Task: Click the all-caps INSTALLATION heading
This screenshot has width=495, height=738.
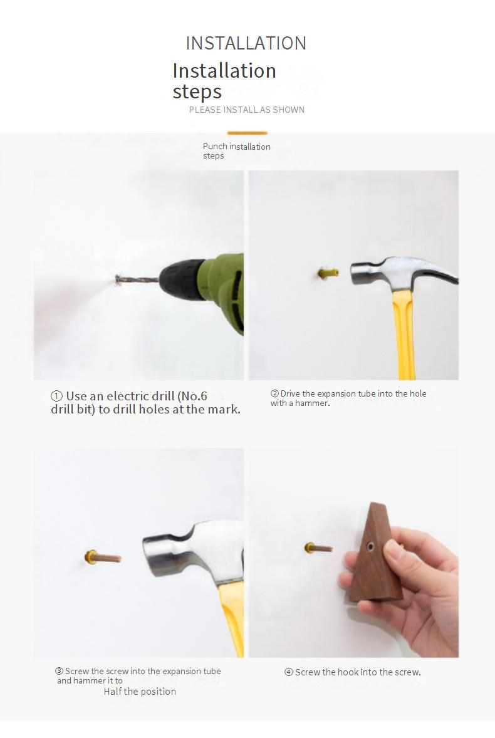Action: click(246, 43)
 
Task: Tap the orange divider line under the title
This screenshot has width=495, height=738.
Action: click(247, 133)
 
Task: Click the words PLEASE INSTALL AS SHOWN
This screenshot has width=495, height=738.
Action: click(246, 110)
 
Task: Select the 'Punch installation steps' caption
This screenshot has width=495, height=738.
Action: click(236, 151)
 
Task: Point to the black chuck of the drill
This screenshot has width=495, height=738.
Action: click(182, 279)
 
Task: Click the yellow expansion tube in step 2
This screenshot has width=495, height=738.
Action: click(328, 273)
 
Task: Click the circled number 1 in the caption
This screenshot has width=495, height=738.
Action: click(56, 397)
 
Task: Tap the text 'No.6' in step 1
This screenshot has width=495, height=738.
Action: click(194, 397)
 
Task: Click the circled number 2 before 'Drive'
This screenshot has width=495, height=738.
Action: click(274, 393)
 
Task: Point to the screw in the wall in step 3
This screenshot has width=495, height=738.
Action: click(103, 558)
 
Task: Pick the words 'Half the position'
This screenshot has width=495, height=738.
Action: click(140, 692)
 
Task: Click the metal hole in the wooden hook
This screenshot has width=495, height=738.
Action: click(370, 546)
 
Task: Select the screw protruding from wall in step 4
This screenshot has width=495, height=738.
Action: click(318, 548)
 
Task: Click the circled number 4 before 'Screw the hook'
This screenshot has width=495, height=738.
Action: click(288, 672)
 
